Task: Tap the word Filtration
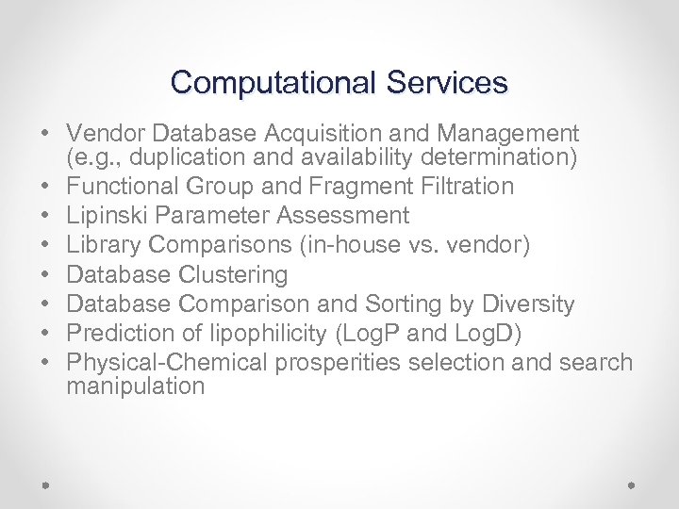click(457, 186)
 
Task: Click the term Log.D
click(493, 333)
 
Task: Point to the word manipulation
click(136, 386)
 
